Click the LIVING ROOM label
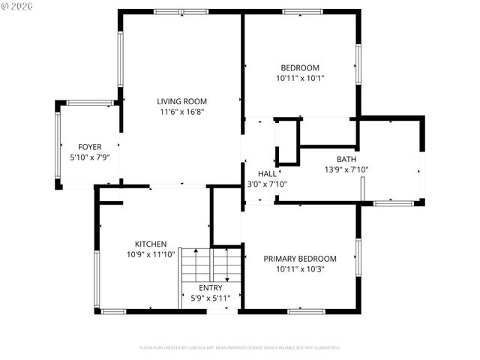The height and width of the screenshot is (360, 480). point(181,101)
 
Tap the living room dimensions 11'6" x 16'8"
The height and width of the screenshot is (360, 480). point(181,112)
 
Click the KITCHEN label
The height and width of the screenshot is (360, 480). point(151,244)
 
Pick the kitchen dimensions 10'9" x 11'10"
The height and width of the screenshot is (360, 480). point(151,254)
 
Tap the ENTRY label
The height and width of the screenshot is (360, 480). point(210,288)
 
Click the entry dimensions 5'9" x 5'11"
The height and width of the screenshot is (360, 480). point(210,298)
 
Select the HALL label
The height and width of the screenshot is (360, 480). point(267,173)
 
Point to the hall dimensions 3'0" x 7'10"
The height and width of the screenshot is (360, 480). point(267,184)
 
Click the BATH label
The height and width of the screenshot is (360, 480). point(346,159)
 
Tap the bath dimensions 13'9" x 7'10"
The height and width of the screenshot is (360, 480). point(346,169)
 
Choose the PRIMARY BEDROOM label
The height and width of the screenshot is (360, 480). point(300,259)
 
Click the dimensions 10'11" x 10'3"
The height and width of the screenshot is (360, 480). point(300,269)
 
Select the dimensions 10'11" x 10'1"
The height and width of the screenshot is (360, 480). point(300,78)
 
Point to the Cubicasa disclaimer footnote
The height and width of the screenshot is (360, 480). point(240,348)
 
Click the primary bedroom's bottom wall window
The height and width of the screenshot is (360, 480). point(306,310)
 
